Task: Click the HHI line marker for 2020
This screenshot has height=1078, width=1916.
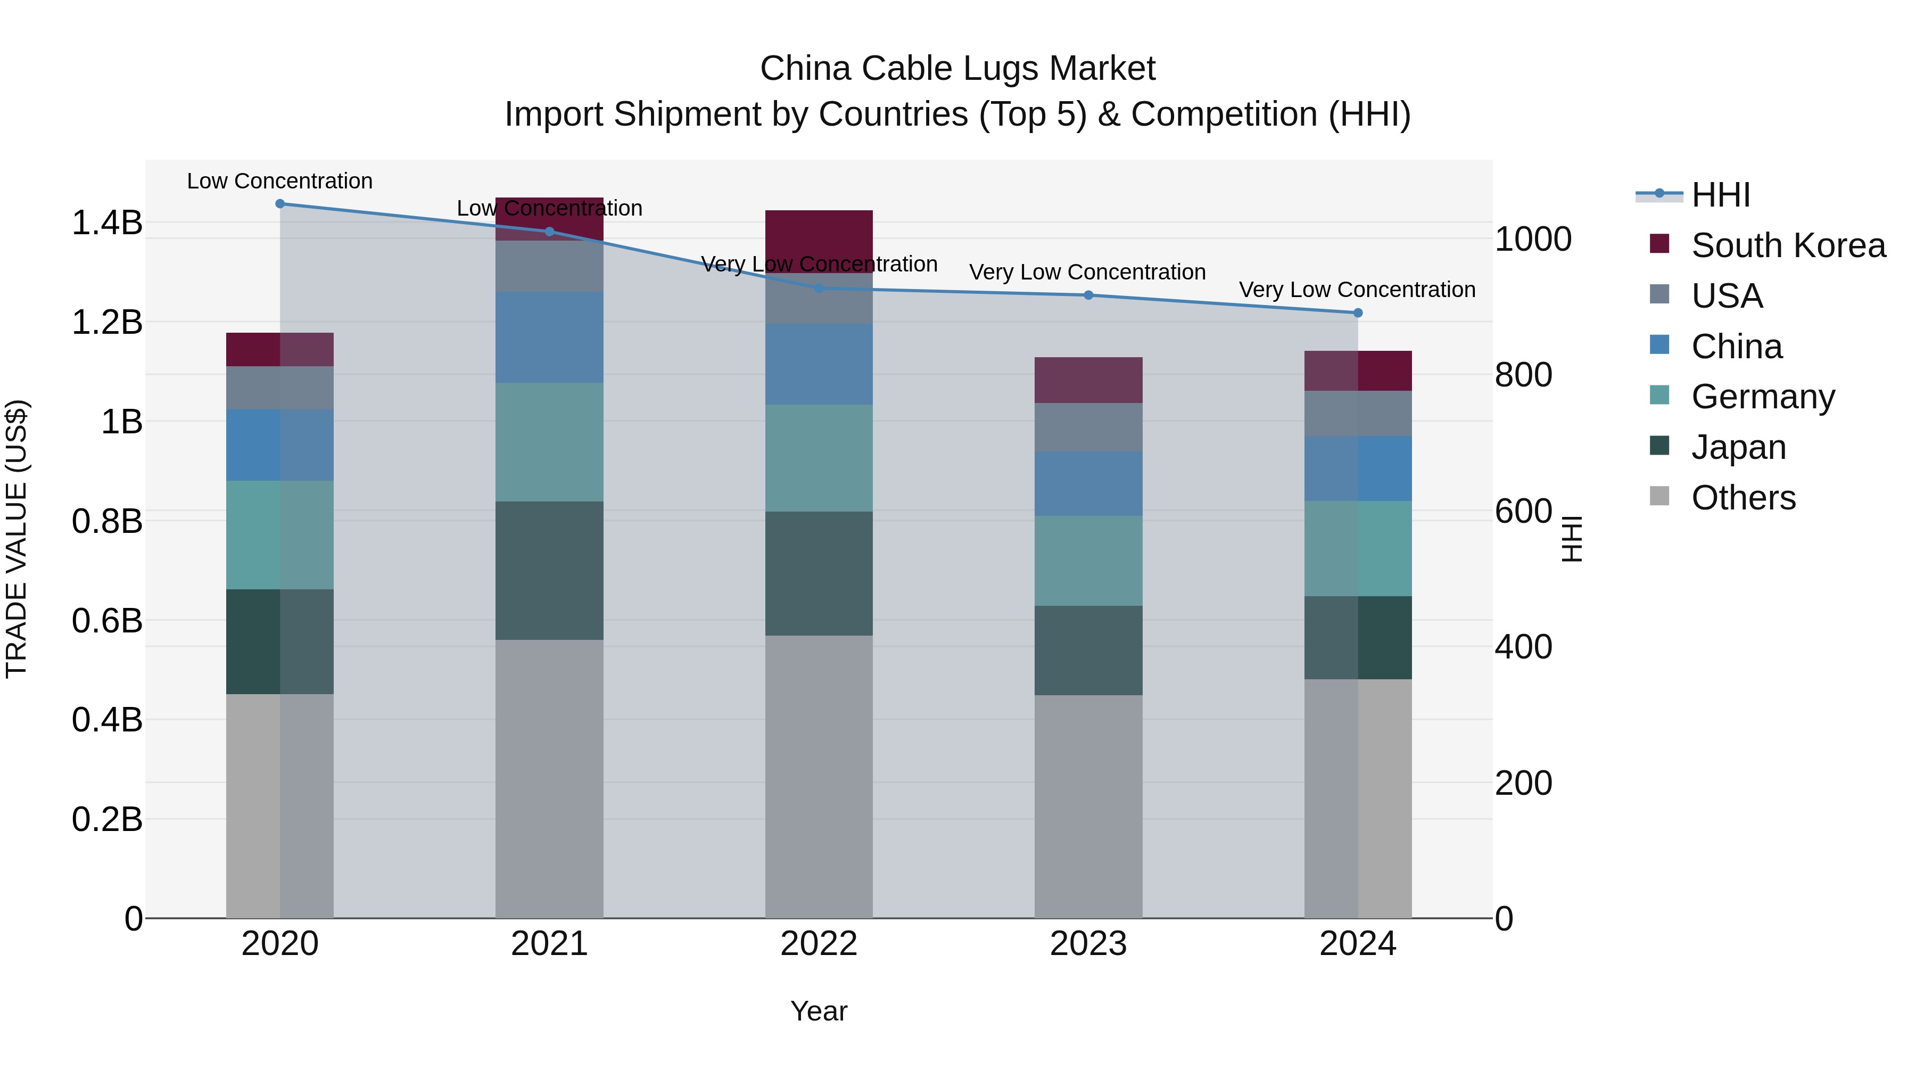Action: click(279, 204)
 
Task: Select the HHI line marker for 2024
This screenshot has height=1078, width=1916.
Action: click(1357, 313)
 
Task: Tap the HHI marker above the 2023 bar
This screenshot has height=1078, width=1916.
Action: click(1088, 295)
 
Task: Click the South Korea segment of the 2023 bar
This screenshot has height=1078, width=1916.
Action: click(1088, 380)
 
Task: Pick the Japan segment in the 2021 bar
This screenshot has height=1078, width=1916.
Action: click(549, 571)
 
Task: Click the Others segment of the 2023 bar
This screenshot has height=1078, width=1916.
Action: click(1088, 807)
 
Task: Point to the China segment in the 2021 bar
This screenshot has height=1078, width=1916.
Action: click(549, 337)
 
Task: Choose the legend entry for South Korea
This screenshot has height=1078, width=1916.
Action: click(1788, 245)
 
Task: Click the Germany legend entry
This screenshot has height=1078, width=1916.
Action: click(1763, 397)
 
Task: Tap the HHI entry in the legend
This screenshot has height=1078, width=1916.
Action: click(1720, 195)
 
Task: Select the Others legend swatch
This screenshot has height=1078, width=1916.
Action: click(1659, 496)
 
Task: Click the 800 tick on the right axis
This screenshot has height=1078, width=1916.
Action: click(1523, 375)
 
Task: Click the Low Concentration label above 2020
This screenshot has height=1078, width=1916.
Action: click(279, 181)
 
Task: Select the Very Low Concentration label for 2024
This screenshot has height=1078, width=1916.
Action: click(1357, 290)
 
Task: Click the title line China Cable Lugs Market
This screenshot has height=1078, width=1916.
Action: click(957, 69)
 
